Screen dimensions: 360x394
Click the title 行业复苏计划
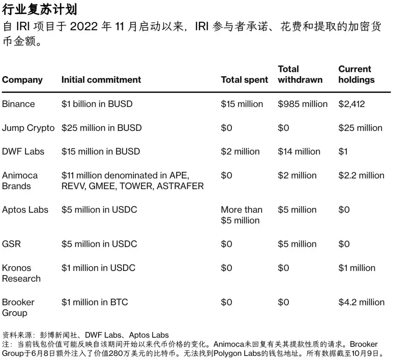[x=39, y=9]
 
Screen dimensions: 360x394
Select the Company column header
[x=22, y=80]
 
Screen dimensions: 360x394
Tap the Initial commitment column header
[x=101, y=80]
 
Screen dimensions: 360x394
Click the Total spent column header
[x=244, y=80]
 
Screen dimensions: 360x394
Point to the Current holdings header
[x=356, y=74]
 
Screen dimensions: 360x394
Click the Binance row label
[x=18, y=104]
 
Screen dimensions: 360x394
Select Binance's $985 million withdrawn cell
[x=302, y=104]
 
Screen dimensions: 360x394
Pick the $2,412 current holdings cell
[x=351, y=104]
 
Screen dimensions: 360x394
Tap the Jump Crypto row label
[x=28, y=128]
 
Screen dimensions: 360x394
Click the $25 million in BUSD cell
[x=101, y=128]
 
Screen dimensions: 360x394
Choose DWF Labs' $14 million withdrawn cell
[x=299, y=152]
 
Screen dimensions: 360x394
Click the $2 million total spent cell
[x=240, y=152]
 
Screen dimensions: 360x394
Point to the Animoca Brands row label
[x=20, y=181]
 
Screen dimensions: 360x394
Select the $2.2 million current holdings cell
[x=361, y=175]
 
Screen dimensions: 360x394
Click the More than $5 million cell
[x=242, y=215]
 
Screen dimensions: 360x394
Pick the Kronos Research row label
[x=21, y=273]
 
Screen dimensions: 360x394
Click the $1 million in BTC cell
[x=94, y=302]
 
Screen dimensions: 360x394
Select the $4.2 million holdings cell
[x=361, y=302]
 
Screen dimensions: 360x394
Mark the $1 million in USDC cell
[x=98, y=268]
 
